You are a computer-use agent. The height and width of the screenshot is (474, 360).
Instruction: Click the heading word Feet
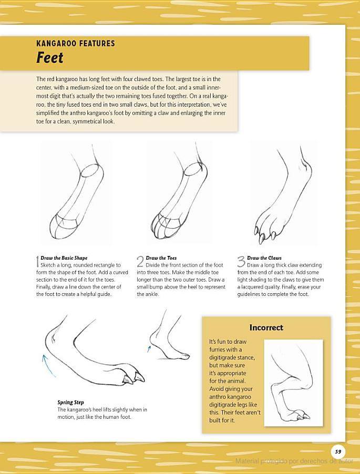tap(49, 58)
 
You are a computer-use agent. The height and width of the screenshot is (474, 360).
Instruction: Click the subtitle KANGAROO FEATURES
tap(76, 43)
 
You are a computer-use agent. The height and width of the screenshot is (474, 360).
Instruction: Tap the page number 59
tap(338, 451)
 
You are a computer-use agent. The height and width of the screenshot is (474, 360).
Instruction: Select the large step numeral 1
tap(37, 262)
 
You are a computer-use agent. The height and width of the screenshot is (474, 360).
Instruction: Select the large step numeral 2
tap(140, 262)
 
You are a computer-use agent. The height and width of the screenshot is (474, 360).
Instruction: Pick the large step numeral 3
tap(241, 262)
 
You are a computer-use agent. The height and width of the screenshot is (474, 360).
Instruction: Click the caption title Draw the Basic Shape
tap(64, 258)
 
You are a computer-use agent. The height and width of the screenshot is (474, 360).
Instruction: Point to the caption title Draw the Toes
tap(161, 258)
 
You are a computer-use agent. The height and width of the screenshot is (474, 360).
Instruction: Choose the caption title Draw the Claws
tap(264, 258)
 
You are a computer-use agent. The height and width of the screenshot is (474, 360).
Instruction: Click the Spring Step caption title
tap(71, 403)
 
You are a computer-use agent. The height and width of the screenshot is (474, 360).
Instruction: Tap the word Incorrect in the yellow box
tap(266, 328)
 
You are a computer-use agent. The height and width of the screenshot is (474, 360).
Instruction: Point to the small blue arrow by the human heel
tap(149, 349)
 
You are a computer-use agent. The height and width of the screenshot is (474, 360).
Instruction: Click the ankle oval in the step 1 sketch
tap(92, 170)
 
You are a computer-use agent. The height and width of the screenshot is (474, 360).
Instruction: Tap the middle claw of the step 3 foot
tap(262, 238)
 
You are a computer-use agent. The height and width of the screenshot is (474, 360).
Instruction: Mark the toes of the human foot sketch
tap(183, 357)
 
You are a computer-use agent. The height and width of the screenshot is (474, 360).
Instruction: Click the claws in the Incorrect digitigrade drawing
tap(303, 417)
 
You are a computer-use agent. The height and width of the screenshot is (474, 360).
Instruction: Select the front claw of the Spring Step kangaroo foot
tap(139, 377)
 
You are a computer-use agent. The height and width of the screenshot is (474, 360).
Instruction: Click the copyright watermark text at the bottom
tap(294, 461)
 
